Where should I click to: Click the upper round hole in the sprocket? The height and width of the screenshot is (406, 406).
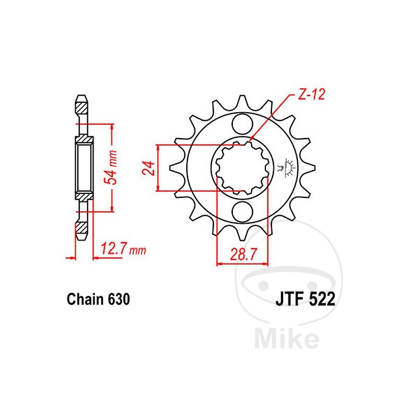click(242, 124)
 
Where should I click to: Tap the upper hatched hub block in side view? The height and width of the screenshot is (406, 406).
click(84, 139)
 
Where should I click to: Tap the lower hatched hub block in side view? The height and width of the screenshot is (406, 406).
click(84, 195)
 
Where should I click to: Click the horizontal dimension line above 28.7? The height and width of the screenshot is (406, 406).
click(242, 264)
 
